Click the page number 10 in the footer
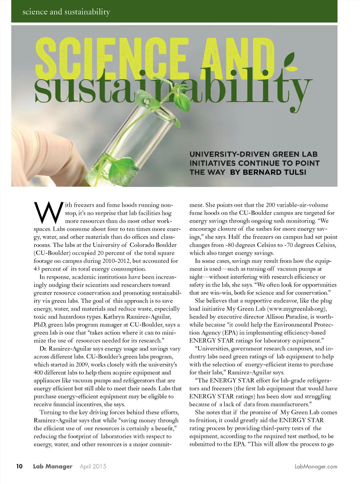[x=19, y=466]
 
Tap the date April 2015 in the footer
[x=93, y=466]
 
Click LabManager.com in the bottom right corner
[x=316, y=466]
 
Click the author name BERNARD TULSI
[x=274, y=172]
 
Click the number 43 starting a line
[x=37, y=269]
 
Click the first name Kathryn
[x=114, y=317]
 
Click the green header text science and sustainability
[x=66, y=12]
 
